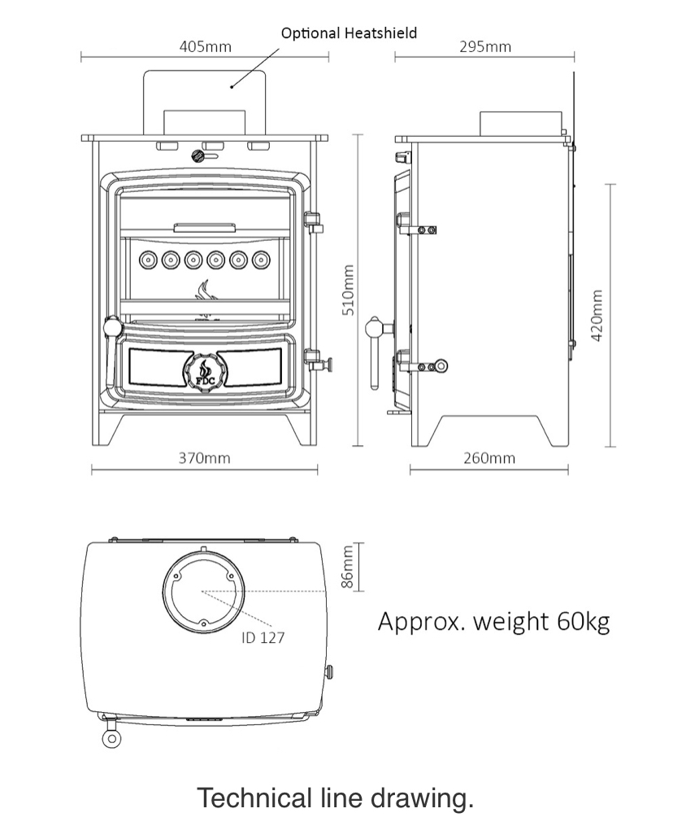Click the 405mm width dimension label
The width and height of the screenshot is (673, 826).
click(x=205, y=47)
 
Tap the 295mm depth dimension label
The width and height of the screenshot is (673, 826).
click(x=485, y=47)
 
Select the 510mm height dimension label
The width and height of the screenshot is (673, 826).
click(x=349, y=291)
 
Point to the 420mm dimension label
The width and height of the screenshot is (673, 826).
click(x=597, y=315)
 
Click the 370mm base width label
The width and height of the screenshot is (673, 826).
click(x=204, y=458)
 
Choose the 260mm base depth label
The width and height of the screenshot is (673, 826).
click(x=489, y=458)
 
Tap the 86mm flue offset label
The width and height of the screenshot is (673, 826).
click(x=347, y=567)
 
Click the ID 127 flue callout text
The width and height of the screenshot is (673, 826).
click(x=263, y=638)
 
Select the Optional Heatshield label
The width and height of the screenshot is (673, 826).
click(x=349, y=33)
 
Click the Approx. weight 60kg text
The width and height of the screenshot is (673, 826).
click(x=493, y=622)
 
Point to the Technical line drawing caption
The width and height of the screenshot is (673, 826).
click(x=336, y=798)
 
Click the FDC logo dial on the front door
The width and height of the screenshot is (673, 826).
click(x=203, y=371)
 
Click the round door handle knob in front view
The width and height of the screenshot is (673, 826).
click(x=113, y=326)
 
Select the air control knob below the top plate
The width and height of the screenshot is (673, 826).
click(x=198, y=156)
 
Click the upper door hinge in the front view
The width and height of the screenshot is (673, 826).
click(x=314, y=223)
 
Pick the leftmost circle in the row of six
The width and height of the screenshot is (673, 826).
click(x=148, y=259)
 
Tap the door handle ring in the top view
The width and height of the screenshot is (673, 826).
click(x=111, y=738)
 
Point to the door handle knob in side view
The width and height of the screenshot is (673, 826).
click(x=375, y=327)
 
